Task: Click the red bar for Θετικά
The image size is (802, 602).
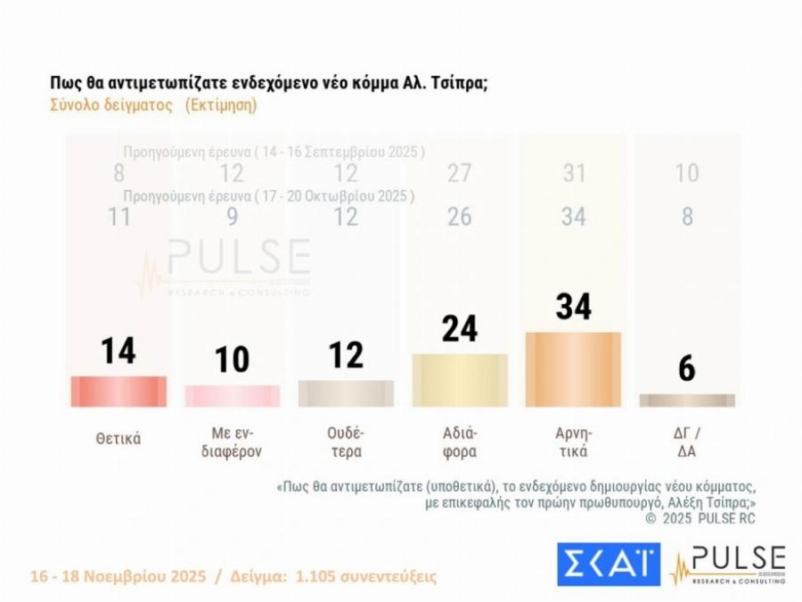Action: (x=118, y=392)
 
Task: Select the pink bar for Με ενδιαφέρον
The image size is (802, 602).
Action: (x=232, y=396)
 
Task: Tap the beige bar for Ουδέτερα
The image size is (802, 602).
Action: (x=346, y=393)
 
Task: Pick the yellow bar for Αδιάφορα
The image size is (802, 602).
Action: (x=460, y=380)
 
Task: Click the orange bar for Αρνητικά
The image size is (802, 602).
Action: (x=573, y=369)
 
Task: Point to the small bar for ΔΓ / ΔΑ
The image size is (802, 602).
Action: (x=687, y=400)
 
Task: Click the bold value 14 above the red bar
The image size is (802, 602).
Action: (x=118, y=350)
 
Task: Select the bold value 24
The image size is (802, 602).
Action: (x=460, y=328)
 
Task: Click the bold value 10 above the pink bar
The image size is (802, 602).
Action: (x=232, y=359)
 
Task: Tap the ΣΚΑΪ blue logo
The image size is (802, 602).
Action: (x=609, y=564)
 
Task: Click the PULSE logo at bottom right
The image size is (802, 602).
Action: (x=729, y=564)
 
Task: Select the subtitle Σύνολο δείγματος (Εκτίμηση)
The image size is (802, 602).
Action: (x=153, y=104)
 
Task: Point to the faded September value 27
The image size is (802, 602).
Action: (x=459, y=173)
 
